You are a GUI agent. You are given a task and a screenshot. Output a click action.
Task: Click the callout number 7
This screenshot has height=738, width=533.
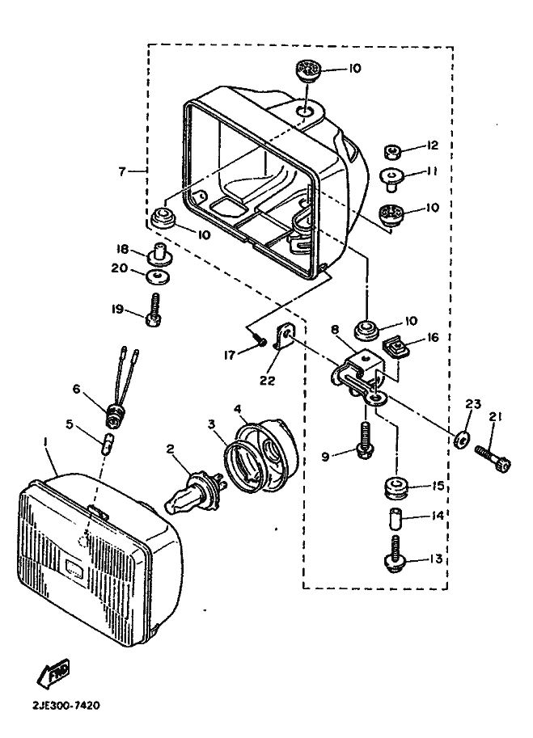tap(122, 171)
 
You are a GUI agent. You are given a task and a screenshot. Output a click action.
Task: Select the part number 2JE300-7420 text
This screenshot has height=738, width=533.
tap(66, 706)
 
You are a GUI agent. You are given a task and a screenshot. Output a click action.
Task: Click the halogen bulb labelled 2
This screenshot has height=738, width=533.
tap(194, 491)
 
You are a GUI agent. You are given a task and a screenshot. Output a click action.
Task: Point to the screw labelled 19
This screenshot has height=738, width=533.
tap(154, 310)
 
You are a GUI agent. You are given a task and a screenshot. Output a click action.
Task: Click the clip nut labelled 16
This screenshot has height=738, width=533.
tap(395, 348)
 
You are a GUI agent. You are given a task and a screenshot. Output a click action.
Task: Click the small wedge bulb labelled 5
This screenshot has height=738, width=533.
tap(108, 444)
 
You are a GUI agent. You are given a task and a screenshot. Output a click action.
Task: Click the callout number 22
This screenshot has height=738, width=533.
tap(267, 380)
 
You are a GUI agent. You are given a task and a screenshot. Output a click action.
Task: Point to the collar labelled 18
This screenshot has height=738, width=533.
tap(159, 255)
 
